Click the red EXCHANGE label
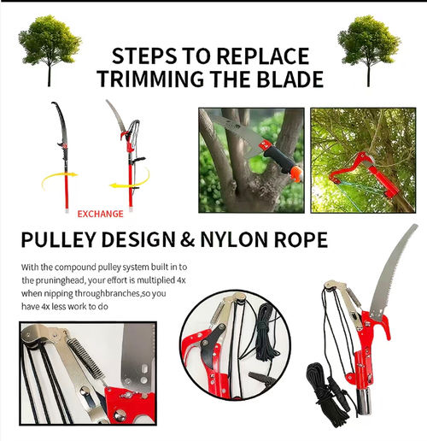(x=100, y=213)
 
